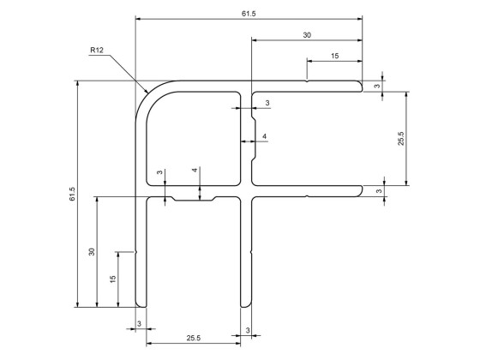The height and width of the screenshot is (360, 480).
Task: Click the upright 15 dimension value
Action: tap(333, 56)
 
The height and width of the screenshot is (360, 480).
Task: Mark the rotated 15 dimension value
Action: tap(113, 279)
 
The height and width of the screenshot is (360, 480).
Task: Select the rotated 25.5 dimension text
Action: tap(400, 138)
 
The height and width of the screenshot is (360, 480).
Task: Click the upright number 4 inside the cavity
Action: tap(264, 137)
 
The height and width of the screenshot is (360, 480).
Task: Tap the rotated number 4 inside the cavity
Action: tap(196, 171)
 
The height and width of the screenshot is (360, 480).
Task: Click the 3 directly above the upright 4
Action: tap(267, 103)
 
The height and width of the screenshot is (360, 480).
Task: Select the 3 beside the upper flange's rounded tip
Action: tap(377, 86)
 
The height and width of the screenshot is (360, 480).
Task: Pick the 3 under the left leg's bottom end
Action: tap(140, 323)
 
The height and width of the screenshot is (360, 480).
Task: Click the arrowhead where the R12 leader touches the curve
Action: tap(149, 92)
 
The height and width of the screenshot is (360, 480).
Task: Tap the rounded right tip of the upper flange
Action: tap(361, 86)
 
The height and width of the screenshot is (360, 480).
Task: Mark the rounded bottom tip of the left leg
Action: tap(141, 305)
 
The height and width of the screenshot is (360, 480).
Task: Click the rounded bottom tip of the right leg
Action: tap(245, 305)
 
